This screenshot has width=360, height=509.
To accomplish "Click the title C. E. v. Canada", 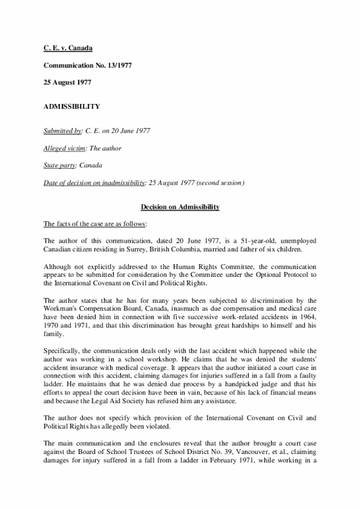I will click(67, 47).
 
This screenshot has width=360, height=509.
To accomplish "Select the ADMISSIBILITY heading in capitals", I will click(71, 106).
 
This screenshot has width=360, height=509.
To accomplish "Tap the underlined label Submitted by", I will click(62, 131).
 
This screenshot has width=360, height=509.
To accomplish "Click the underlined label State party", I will click(60, 165).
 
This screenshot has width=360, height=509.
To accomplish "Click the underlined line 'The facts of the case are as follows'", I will click(95, 224).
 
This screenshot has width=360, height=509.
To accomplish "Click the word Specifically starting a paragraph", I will click(61, 350).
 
